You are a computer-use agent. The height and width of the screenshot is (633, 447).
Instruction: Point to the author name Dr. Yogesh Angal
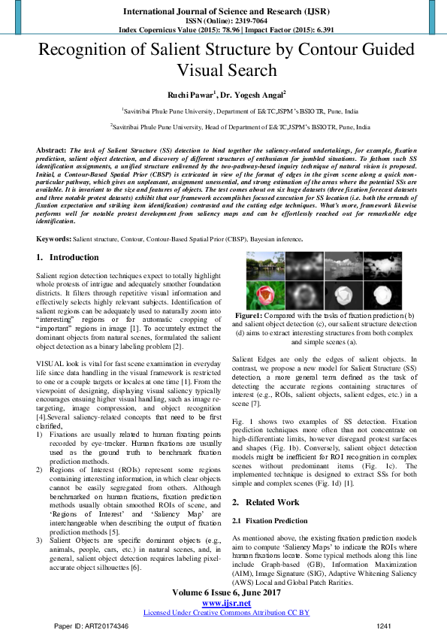251,95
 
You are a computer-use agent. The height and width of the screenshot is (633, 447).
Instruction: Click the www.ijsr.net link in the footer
226,603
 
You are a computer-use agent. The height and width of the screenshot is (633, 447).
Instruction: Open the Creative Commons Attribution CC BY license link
226,613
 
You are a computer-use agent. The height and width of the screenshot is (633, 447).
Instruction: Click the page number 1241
384,625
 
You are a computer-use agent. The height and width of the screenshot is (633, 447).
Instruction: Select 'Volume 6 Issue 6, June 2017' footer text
226,593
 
